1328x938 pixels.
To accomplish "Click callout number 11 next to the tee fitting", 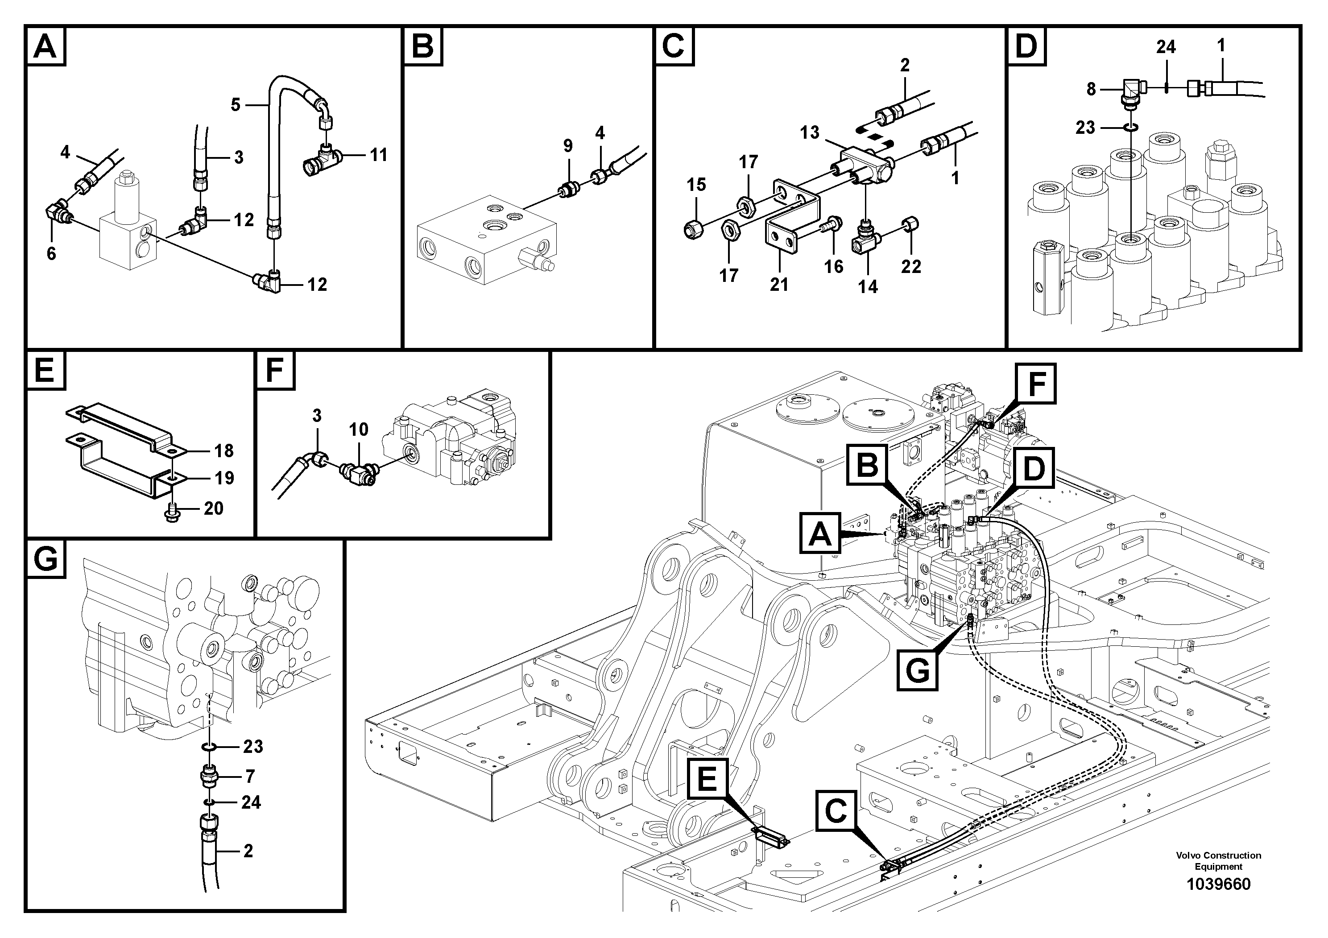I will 378,155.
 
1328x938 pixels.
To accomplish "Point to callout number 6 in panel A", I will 51,253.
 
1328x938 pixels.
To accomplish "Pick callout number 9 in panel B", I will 567,146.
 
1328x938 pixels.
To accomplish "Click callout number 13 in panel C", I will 809,132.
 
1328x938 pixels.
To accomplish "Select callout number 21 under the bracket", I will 778,285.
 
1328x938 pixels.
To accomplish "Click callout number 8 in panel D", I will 1091,89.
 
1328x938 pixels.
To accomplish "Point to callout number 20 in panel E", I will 213,508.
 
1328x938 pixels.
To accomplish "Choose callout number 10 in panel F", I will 359,429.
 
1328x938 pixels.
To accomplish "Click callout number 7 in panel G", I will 250,776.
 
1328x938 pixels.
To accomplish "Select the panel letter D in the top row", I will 1026,45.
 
